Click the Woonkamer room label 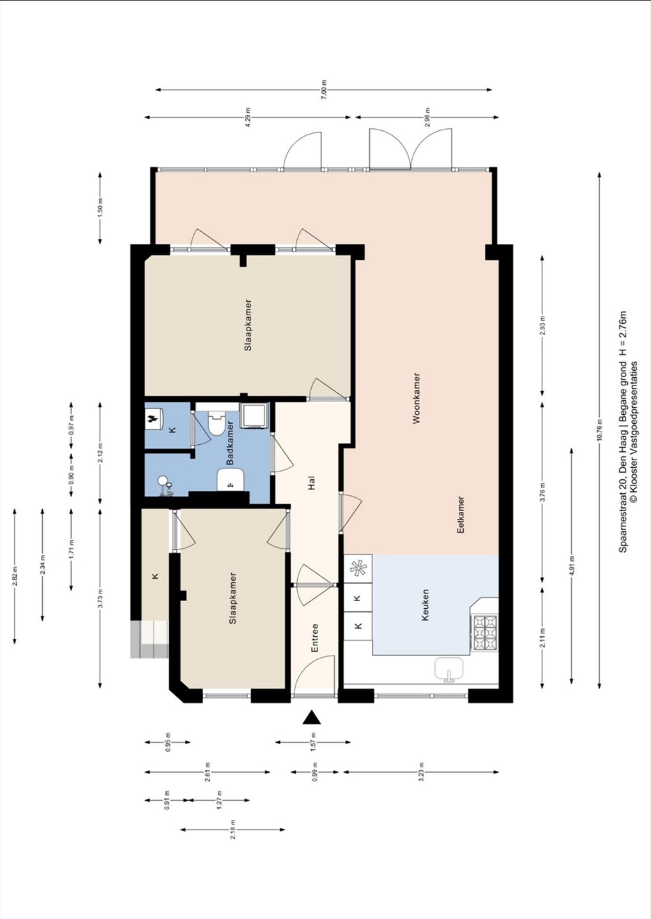click(417, 398)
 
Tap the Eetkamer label click(461, 514)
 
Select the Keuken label click(425, 605)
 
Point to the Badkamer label click(230, 443)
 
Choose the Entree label click(314, 639)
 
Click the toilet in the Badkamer click(217, 423)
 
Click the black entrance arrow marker click(311, 717)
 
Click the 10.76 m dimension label click(599, 430)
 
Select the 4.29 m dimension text click(248, 117)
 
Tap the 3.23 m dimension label click(421, 772)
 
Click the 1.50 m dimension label click(101, 208)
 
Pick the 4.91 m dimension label click(571, 566)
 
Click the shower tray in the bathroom click(254, 415)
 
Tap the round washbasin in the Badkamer click(163, 480)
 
